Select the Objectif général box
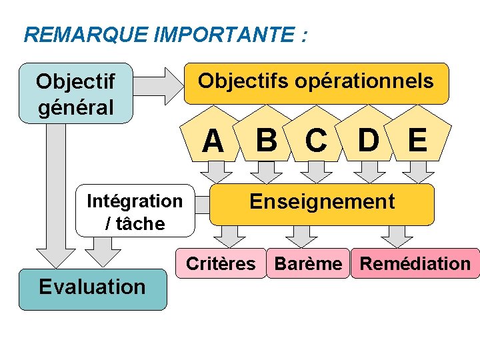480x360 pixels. (x=76, y=93)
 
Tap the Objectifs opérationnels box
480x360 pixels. (x=316, y=83)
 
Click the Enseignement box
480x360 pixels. (x=322, y=204)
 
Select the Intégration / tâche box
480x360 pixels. (x=135, y=211)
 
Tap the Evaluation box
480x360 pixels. (x=93, y=288)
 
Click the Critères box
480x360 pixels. (x=220, y=264)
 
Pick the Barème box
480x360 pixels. (x=308, y=264)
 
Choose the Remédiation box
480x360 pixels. (x=415, y=264)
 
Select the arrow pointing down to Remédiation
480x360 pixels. (x=397, y=236)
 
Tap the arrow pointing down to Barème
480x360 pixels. (x=301, y=236)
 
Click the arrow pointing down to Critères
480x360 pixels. (x=230, y=236)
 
